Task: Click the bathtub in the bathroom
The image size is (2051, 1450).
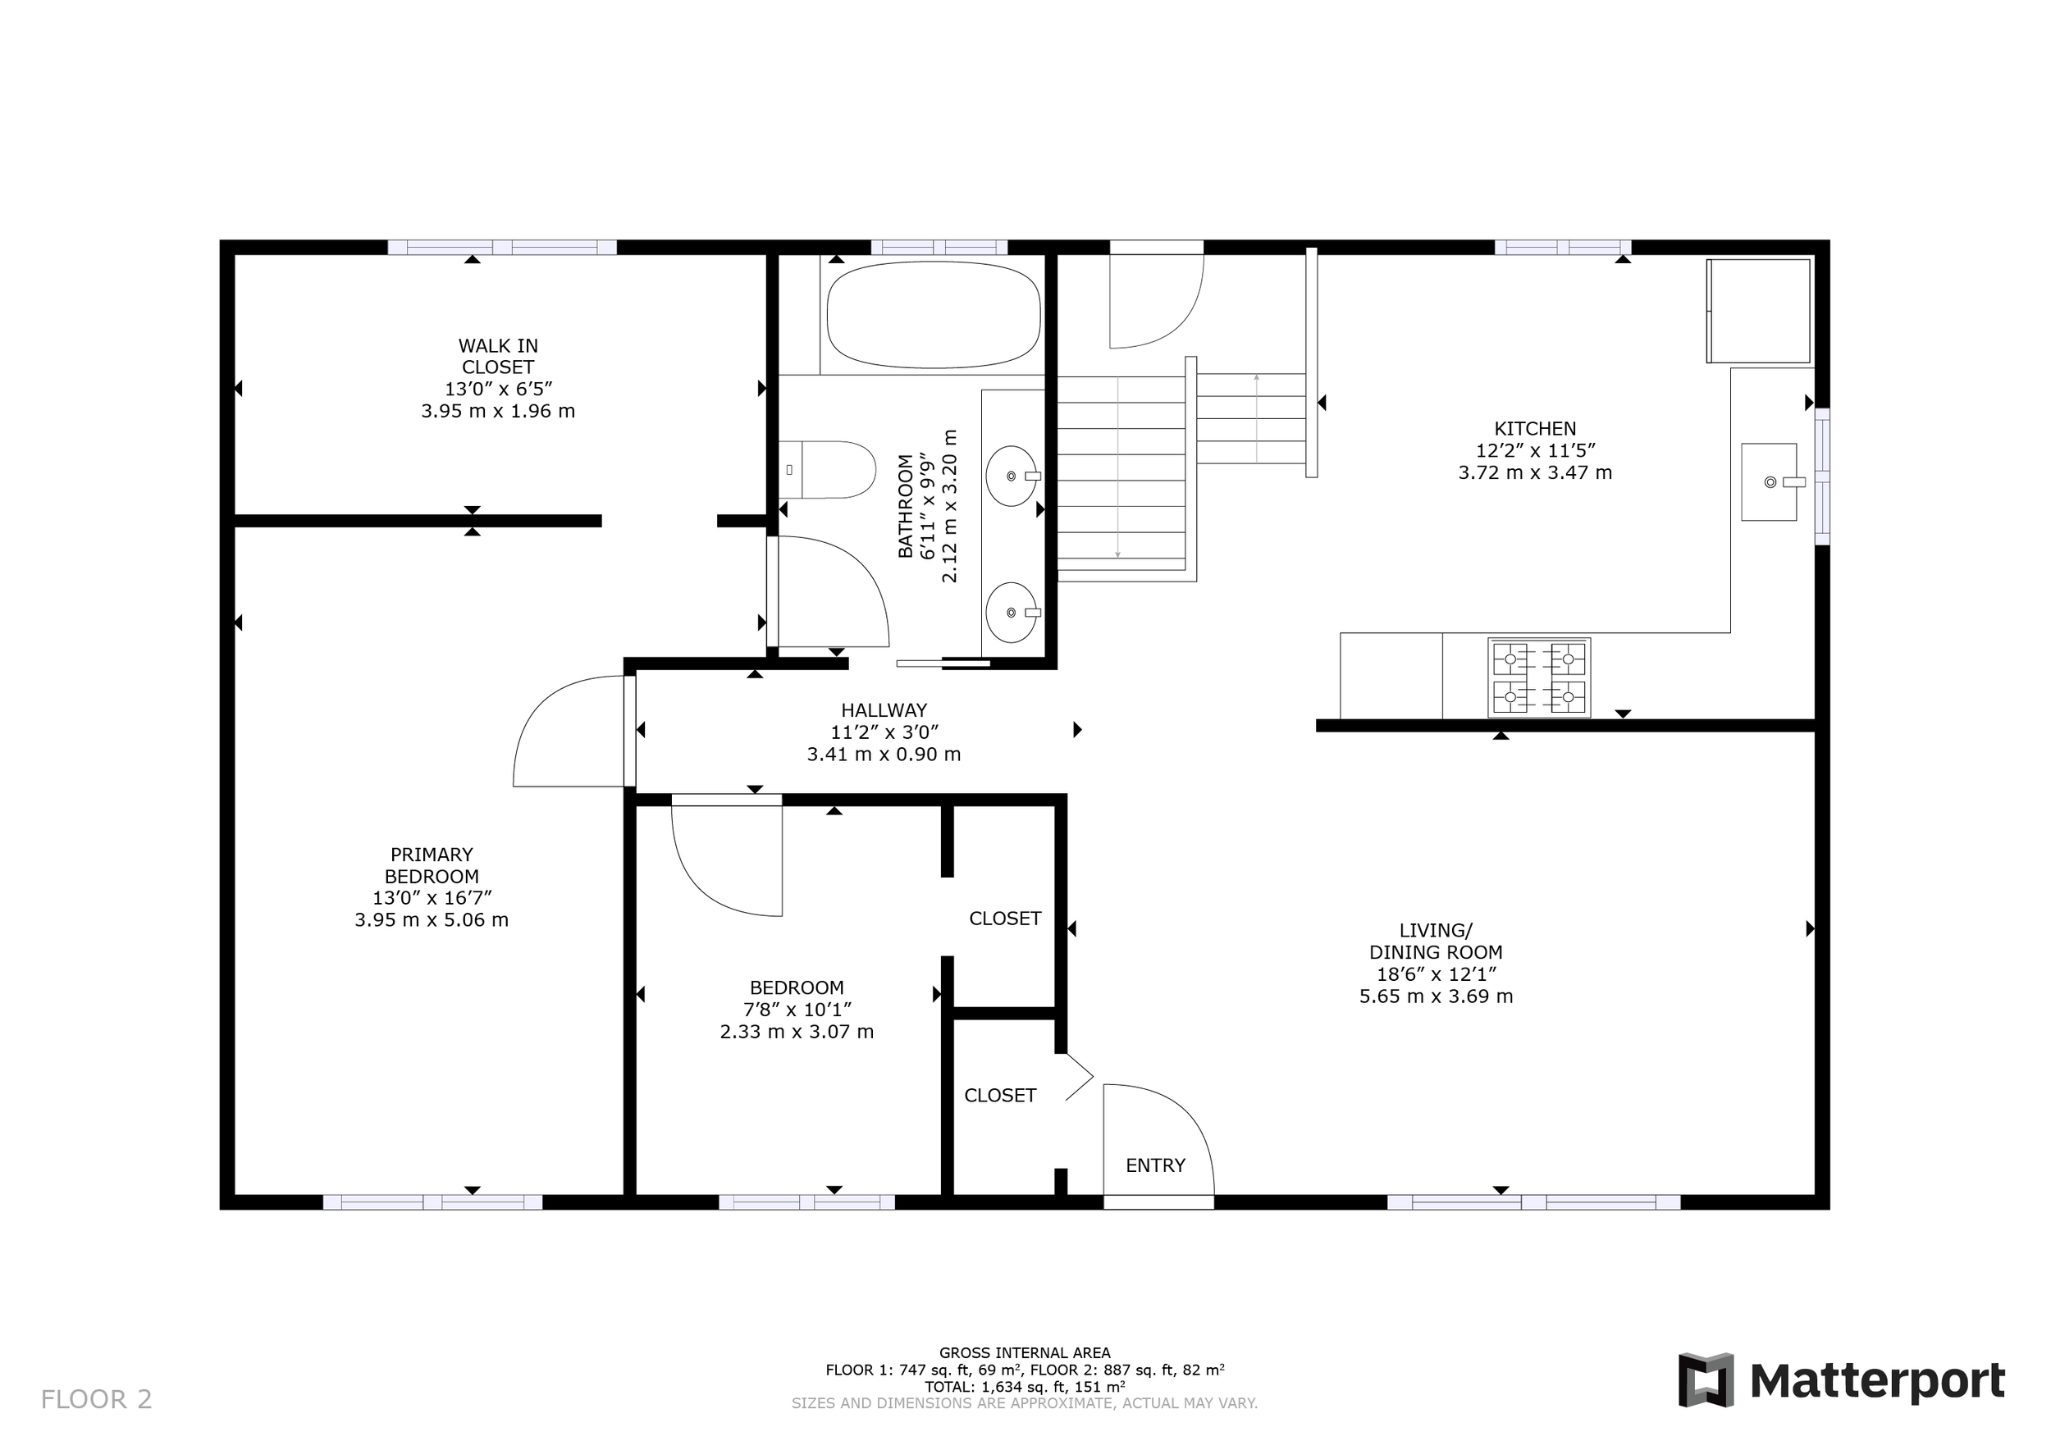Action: (934, 314)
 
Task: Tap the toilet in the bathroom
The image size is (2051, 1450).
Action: (827, 470)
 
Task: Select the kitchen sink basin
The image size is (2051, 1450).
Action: (1769, 482)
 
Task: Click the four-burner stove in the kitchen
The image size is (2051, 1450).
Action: (1539, 677)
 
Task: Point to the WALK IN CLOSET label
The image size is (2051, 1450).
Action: (497, 356)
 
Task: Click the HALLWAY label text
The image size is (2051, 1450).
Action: (884, 711)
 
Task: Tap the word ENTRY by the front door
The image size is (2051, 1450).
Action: (1155, 1165)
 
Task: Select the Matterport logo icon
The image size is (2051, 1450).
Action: (1706, 1380)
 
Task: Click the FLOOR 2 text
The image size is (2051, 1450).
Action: (97, 1399)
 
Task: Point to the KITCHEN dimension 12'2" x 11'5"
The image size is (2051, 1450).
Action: (1535, 451)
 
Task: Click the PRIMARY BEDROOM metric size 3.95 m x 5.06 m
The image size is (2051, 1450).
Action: (432, 920)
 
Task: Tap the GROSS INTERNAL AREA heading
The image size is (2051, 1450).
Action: (1025, 1352)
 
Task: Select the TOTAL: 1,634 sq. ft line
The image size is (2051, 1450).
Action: (1025, 1387)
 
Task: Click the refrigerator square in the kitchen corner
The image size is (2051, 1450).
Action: (1758, 312)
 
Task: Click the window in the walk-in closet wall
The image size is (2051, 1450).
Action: (502, 248)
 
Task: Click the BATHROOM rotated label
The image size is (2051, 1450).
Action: (906, 506)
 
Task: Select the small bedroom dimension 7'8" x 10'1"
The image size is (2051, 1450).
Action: (797, 1010)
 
